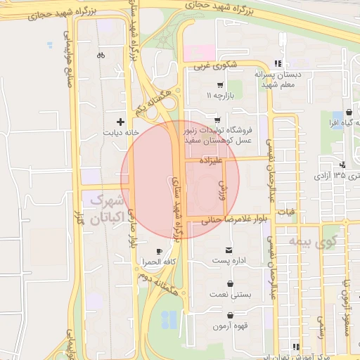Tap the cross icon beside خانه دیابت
click(x=121, y=121)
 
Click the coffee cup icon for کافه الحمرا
click(x=159, y=251)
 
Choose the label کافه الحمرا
click(x=154, y=262)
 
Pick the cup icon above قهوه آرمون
click(x=229, y=316)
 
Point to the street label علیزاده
click(x=210, y=160)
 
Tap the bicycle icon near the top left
click(x=101, y=55)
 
